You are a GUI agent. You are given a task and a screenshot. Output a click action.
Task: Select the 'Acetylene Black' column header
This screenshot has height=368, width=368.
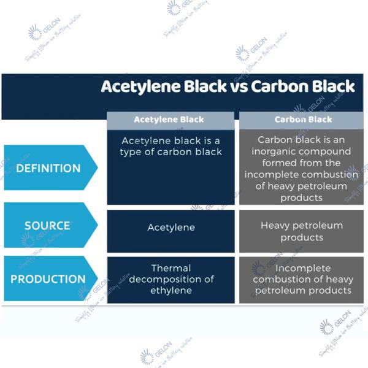click(x=169, y=120)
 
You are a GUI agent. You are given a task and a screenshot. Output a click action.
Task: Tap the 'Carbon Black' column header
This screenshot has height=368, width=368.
click(x=303, y=120)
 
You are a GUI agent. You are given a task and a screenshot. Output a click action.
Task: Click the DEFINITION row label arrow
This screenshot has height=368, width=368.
click(x=50, y=167)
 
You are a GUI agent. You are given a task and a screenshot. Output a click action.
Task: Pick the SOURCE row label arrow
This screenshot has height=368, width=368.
click(x=49, y=226)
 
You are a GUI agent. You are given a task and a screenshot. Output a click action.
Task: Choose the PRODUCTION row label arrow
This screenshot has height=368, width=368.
click(x=49, y=278)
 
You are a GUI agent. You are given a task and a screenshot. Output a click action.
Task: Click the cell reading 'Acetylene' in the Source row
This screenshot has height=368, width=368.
click(x=171, y=228)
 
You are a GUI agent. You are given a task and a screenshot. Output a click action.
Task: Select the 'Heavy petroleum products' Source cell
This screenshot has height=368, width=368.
click(x=301, y=231)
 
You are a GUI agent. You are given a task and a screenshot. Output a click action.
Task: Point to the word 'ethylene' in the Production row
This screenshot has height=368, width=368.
click(x=171, y=290)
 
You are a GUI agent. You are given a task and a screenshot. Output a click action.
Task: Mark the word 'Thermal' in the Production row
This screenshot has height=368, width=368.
click(x=171, y=268)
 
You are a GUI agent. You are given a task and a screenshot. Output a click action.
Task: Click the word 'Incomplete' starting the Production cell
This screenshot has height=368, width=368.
click(x=303, y=269)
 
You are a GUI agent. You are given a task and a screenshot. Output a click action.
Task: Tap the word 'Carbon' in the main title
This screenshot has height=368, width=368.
click(x=280, y=86)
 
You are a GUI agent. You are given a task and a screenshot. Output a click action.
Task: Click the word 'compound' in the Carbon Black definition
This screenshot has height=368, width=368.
click(x=328, y=151)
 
